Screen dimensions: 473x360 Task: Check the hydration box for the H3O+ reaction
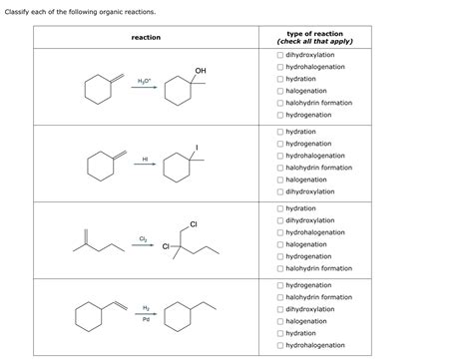pos(280,79)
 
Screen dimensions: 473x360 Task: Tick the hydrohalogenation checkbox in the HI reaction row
pos(280,156)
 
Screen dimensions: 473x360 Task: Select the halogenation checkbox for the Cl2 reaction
pos(280,244)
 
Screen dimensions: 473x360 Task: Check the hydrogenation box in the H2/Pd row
pos(280,285)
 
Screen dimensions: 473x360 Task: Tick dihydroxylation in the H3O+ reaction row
pos(280,55)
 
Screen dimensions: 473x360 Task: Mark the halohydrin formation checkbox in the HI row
pos(280,168)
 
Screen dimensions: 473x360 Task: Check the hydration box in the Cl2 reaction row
pos(280,208)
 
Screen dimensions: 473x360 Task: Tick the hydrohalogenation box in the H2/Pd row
pos(280,345)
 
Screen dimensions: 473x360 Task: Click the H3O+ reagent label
pos(144,77)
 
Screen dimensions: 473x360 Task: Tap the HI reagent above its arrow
pos(145,158)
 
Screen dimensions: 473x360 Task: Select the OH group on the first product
pos(201,70)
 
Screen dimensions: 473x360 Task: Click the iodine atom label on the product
pos(197,148)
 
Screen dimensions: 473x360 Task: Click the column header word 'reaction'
pos(146,37)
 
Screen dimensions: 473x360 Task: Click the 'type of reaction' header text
pos(314,33)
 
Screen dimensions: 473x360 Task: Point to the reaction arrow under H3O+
pos(145,87)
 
